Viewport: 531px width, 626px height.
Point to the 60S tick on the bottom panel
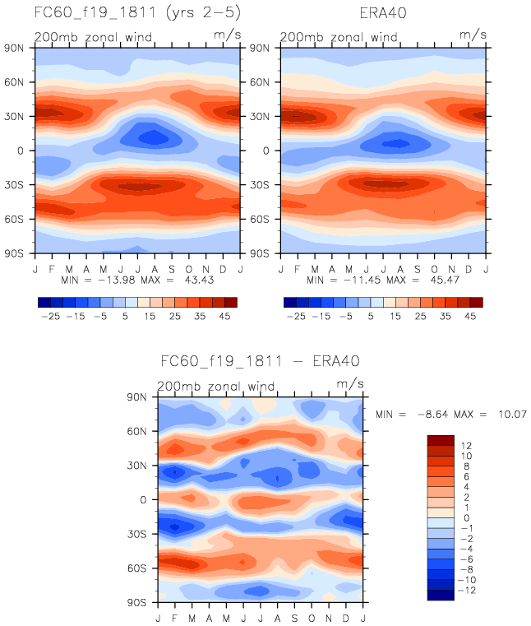145,568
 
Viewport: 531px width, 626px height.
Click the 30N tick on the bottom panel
145,466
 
